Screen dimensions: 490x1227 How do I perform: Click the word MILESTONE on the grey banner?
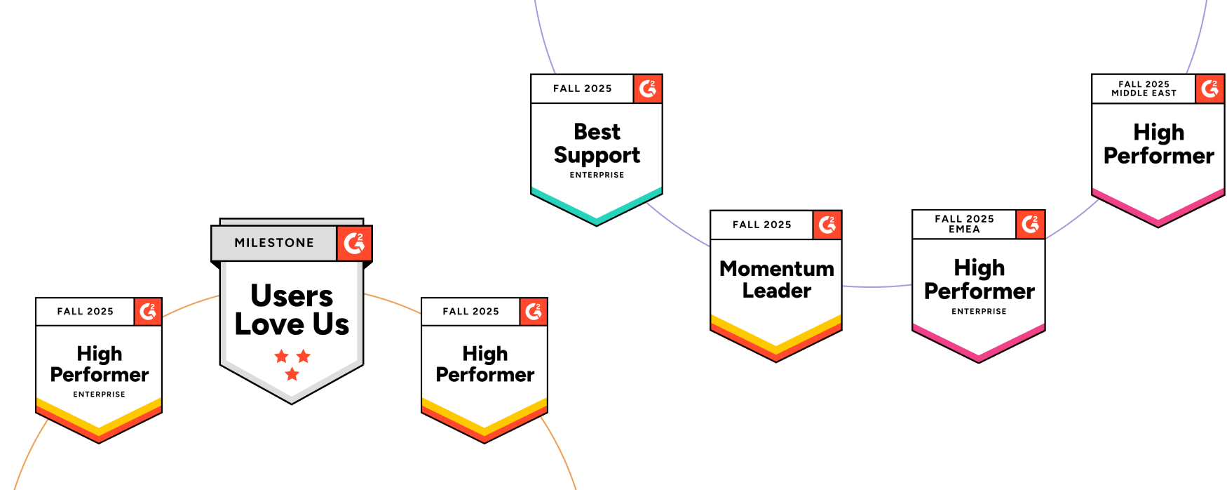[274, 243]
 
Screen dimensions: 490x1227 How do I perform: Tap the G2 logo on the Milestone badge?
[354, 243]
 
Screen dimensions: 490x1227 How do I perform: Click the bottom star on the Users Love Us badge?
[292, 374]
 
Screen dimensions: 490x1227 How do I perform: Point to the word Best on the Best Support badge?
[597, 132]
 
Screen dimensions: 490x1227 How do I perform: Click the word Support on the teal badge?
[597, 155]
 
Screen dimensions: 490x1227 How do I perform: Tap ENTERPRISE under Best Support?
[597, 175]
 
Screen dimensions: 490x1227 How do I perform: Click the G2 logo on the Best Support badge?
[648, 88]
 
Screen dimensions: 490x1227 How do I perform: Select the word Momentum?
[776, 269]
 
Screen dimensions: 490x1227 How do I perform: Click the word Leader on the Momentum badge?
[776, 291]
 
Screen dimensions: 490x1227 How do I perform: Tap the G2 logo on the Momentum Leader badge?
[827, 225]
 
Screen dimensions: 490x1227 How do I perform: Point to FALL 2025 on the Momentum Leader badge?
[761, 225]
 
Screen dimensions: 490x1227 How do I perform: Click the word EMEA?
[964, 230]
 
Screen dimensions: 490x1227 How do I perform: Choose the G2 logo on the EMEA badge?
[1030, 225]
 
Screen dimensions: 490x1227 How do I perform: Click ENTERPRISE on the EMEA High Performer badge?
[979, 311]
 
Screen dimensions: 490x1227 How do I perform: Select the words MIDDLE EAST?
[1144, 93]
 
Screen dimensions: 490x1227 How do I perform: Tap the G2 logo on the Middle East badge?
[1209, 88]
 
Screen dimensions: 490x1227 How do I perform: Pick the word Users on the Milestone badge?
[292, 296]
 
